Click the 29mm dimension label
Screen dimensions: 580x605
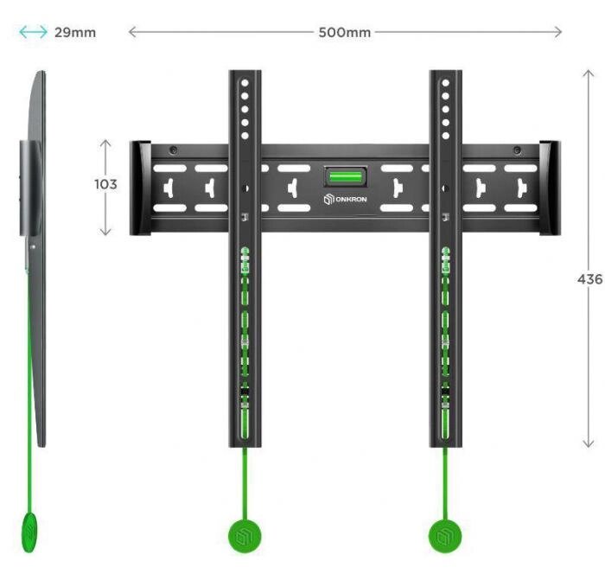(x=74, y=33)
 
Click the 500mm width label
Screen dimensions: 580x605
(x=345, y=33)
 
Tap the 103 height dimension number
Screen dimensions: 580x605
(x=105, y=184)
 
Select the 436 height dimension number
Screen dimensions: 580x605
(x=589, y=279)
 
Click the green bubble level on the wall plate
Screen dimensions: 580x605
(x=345, y=176)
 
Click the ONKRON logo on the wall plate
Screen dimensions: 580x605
(x=346, y=200)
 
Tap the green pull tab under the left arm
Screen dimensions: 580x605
(x=245, y=536)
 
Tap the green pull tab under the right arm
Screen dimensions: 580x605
(x=445, y=536)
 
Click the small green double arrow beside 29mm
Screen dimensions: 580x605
(x=34, y=33)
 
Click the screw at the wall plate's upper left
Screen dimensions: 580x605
(x=174, y=150)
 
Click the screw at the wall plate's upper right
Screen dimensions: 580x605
(x=517, y=150)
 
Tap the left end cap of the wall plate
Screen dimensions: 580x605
(x=139, y=188)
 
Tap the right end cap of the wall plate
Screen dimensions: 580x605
(x=550, y=188)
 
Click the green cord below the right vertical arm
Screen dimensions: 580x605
(x=446, y=484)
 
